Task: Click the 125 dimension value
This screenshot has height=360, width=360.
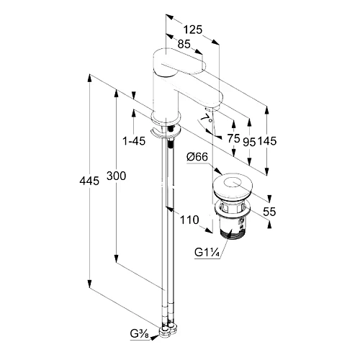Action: pyautogui.click(x=193, y=30)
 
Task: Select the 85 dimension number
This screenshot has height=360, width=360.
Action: pyautogui.click(x=184, y=44)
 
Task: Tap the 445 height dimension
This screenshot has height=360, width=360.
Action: pyautogui.click(x=89, y=181)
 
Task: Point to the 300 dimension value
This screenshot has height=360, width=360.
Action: pyautogui.click(x=116, y=176)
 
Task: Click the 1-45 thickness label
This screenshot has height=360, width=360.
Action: pyautogui.click(x=134, y=141)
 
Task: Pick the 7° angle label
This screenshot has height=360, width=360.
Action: pyautogui.click(x=207, y=117)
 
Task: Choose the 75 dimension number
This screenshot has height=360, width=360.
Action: pyautogui.click(x=234, y=139)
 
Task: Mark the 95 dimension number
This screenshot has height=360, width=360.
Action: pyautogui.click(x=249, y=142)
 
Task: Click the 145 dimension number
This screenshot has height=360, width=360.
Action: pyautogui.click(x=267, y=141)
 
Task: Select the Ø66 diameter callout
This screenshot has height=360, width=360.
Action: pyautogui.click(x=197, y=157)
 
